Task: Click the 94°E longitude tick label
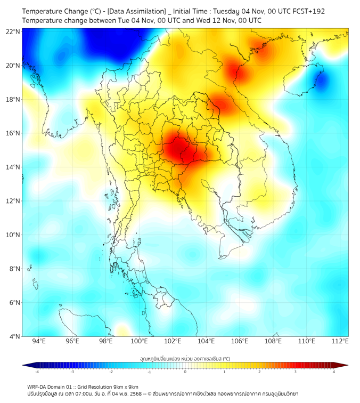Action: click(39, 341)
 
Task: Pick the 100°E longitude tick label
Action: click(140, 341)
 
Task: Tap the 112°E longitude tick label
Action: click(340, 341)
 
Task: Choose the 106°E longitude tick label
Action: click(240, 341)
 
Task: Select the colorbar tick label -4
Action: click(36, 372)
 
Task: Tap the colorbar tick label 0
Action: click(185, 372)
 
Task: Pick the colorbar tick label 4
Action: click(333, 372)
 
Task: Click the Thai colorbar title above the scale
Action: click(185, 359)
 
